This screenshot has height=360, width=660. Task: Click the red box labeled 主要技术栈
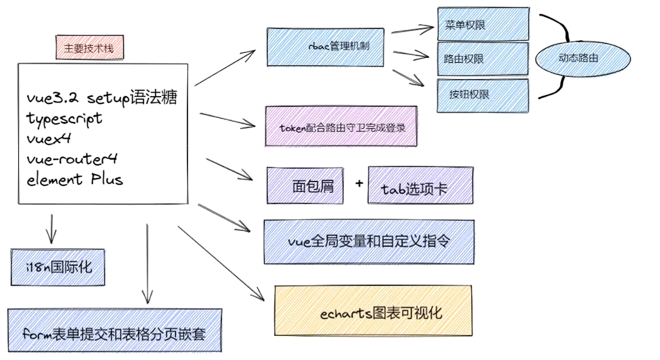pyautogui.click(x=89, y=48)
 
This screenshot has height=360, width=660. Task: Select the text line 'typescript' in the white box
pyautogui.click(x=64, y=118)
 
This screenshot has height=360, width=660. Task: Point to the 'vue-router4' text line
pyautogui.click(x=71, y=159)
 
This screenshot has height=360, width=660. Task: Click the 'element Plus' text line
pyautogui.click(x=75, y=179)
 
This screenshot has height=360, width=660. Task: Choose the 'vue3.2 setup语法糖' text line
pyautogui.click(x=102, y=98)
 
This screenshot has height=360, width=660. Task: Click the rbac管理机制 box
pyautogui.click(x=324, y=47)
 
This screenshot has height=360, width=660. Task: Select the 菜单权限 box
pyautogui.click(x=483, y=25)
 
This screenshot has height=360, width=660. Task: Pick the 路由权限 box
pyautogui.click(x=483, y=59)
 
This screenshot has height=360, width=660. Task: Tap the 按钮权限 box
pyautogui.click(x=483, y=95)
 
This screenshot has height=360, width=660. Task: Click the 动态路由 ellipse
pyautogui.click(x=577, y=58)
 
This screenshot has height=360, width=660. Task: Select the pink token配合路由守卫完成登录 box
pyautogui.click(x=341, y=127)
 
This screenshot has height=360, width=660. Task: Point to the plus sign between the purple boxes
pyautogui.click(x=359, y=183)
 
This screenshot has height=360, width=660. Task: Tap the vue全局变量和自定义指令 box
pyautogui.click(x=369, y=242)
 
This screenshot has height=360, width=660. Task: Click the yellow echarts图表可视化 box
pyautogui.click(x=373, y=311)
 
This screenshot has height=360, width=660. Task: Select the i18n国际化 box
pyautogui.click(x=58, y=267)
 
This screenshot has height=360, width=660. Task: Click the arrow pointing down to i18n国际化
pyautogui.click(x=51, y=228)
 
